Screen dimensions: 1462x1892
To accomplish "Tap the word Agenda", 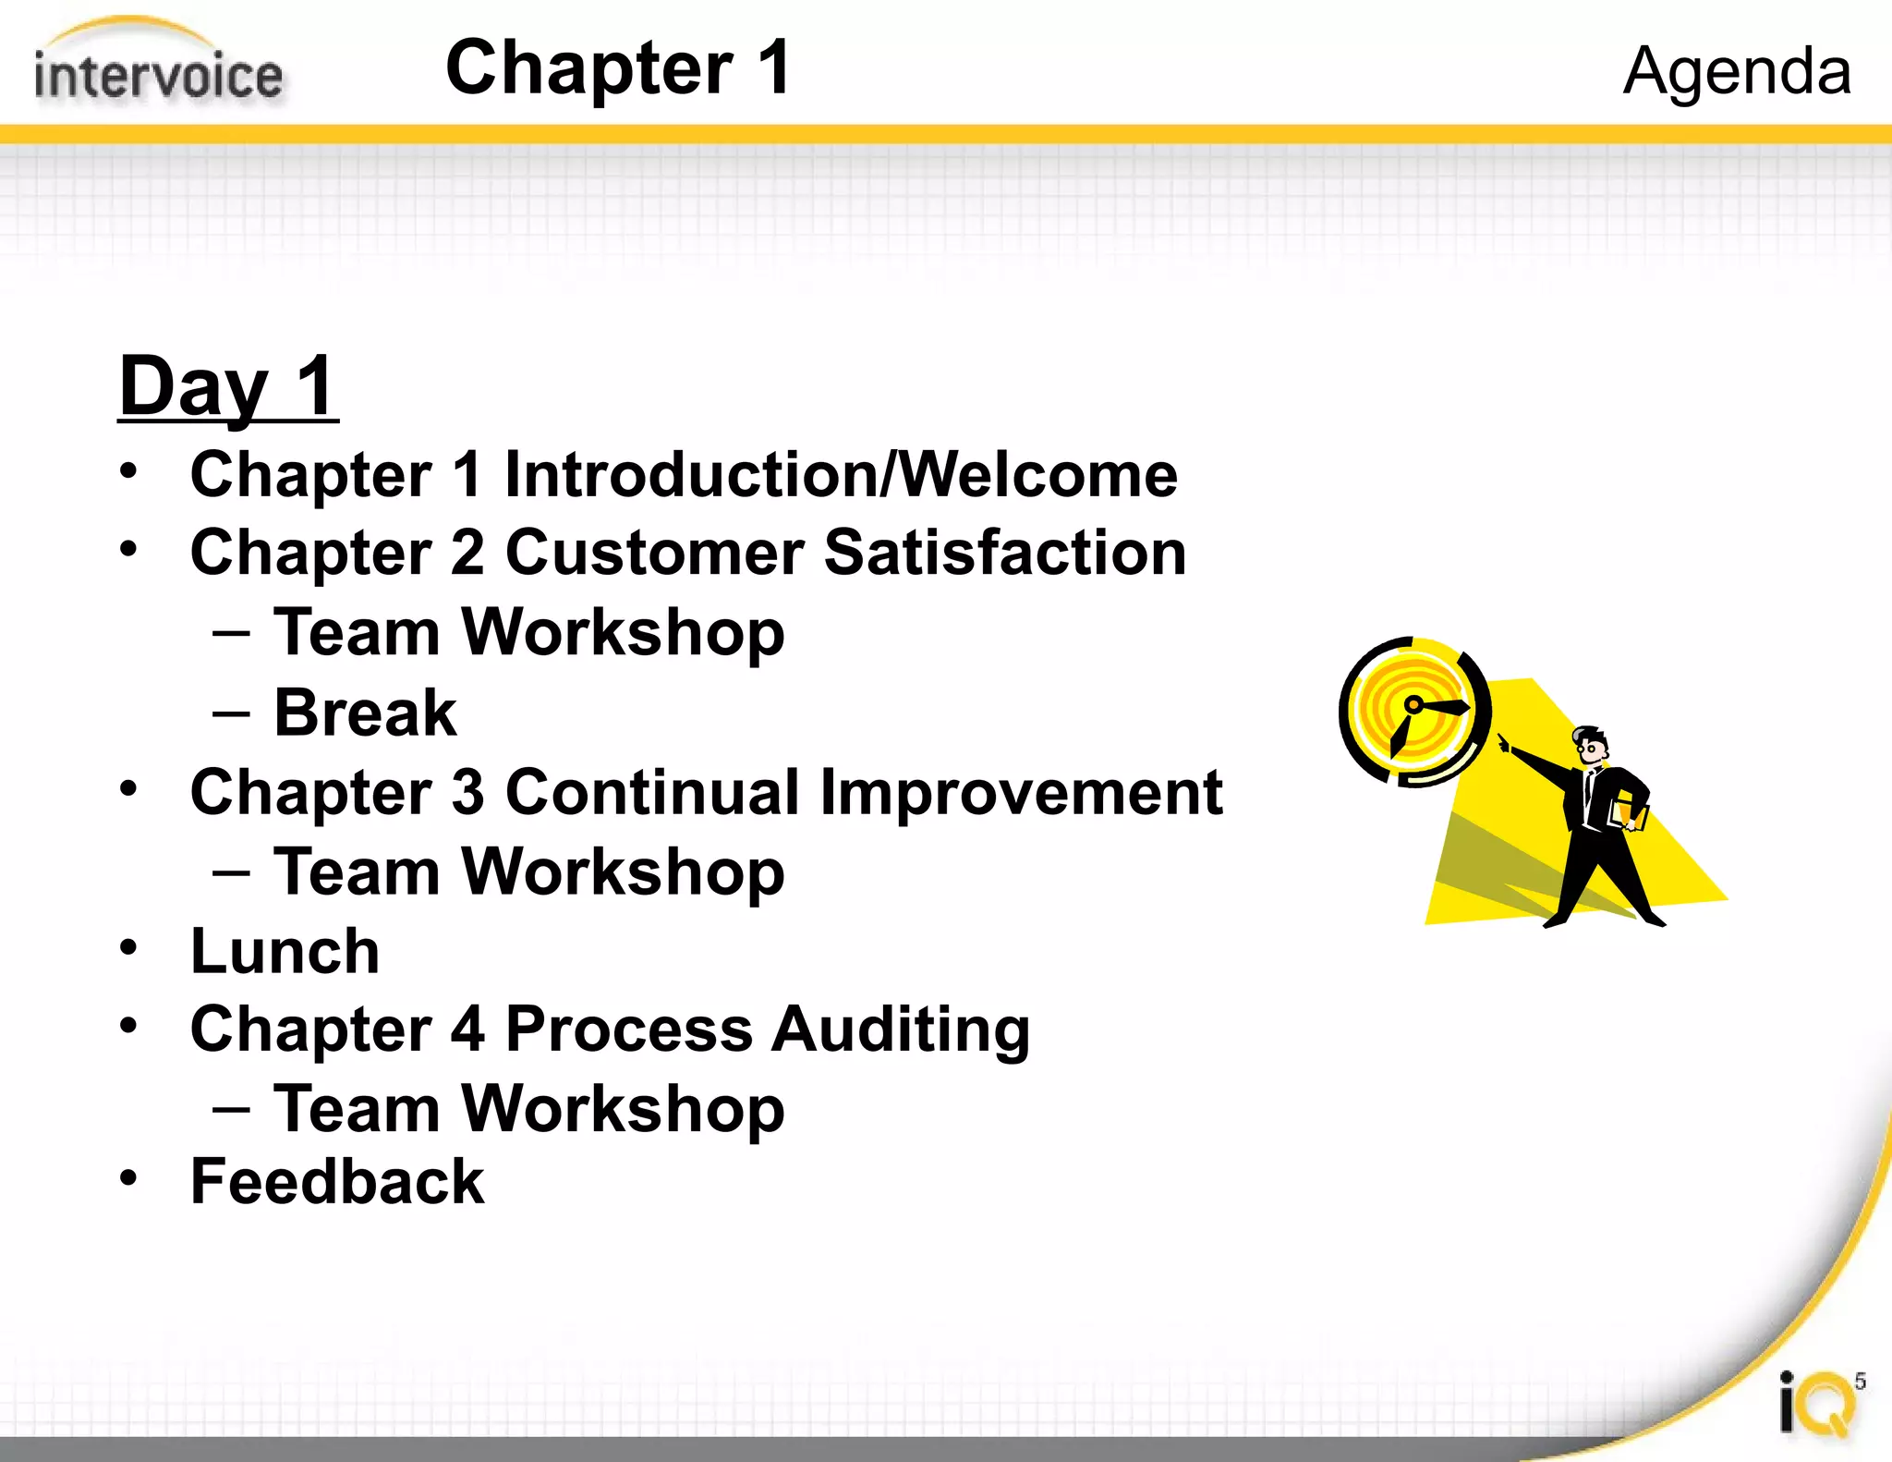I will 1737,71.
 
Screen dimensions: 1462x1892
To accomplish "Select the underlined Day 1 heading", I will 227,386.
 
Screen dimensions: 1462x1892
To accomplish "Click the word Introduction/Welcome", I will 841,475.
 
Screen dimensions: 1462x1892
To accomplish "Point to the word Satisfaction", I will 1004,553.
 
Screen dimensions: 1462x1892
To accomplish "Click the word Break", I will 365,713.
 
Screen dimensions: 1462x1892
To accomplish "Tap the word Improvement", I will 1021,793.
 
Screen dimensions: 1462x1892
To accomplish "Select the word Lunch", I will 285,952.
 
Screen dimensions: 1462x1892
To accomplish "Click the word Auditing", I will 900,1029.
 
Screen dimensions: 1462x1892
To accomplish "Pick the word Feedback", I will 337,1182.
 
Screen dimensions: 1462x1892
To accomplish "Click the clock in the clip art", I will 1413,711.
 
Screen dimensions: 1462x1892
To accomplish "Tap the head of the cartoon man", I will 1592,747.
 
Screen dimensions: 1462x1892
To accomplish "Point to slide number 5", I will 1860,1381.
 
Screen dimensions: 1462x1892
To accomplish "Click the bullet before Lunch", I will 128,947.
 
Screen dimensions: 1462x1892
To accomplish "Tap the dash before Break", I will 230,713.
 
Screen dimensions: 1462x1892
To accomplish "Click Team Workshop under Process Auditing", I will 528,1109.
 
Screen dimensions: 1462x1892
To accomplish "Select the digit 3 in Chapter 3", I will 467,793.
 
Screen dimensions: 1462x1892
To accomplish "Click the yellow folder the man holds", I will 1628,814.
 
